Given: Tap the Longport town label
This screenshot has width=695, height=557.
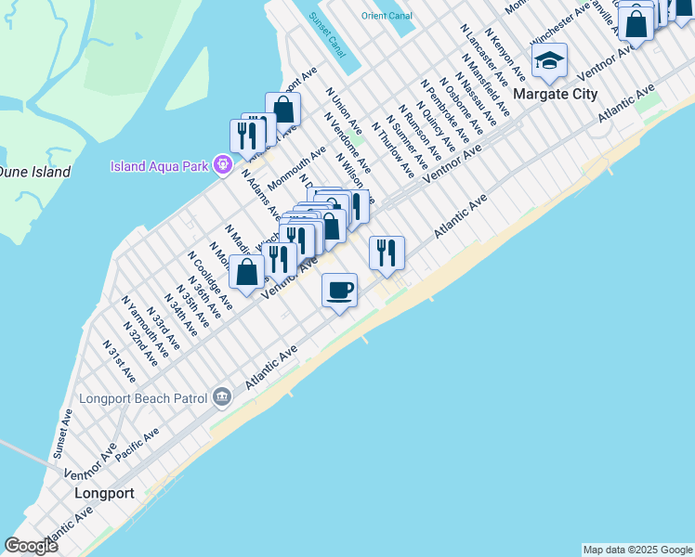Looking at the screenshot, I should (104, 493).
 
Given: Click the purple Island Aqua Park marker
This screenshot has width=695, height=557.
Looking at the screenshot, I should (222, 166).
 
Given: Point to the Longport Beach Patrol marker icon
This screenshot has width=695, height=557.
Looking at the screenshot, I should (221, 397).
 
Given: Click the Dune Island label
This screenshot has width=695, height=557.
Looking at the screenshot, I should (33, 172).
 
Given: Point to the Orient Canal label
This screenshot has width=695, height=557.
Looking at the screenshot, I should (387, 16).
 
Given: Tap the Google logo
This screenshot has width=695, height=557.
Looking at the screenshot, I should (31, 546).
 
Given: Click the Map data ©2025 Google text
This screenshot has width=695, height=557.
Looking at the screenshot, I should (637, 550).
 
